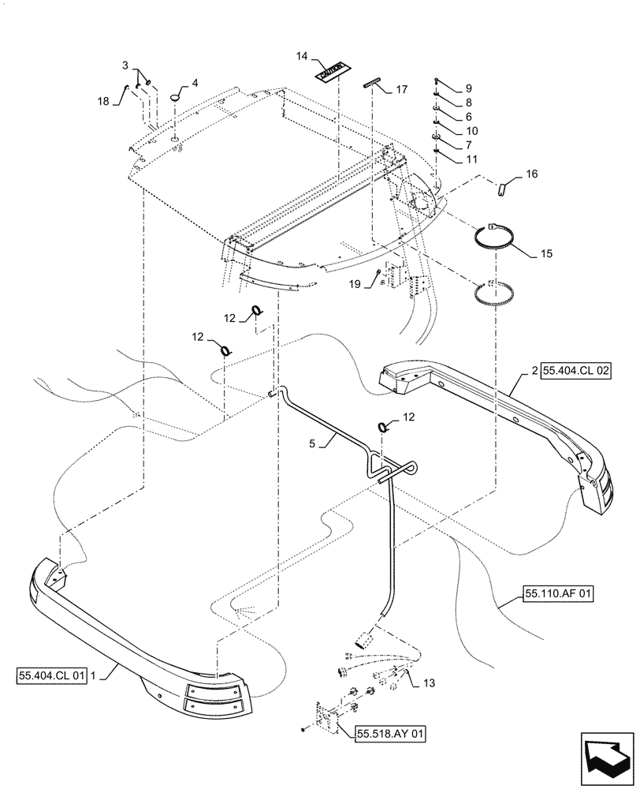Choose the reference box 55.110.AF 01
pos(554,591)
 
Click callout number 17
pos(402,90)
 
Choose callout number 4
pos(195,82)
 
